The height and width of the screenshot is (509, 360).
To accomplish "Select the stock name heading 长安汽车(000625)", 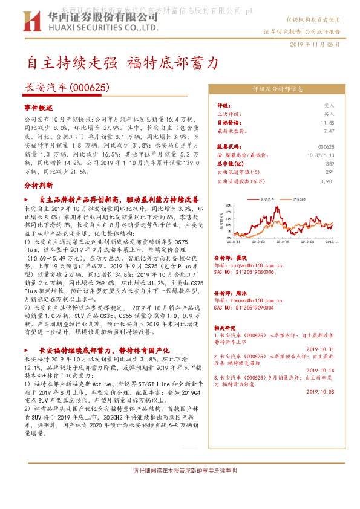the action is (67, 87).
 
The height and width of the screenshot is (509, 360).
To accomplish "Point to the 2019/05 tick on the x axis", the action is (284, 241).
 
